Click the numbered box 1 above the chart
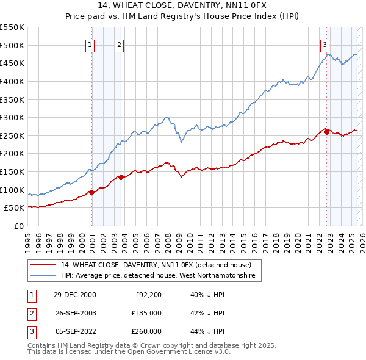click(x=90, y=44)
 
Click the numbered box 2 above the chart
click(x=119, y=44)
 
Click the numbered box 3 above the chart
click(x=325, y=44)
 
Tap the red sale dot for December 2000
click(x=92, y=192)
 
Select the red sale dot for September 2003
click(x=121, y=177)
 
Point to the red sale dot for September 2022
click(x=326, y=132)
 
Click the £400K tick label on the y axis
click(x=12, y=81)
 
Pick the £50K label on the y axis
click(x=15, y=208)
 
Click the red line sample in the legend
click(x=43, y=265)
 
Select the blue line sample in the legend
click(x=43, y=276)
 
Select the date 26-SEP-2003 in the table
click(x=75, y=314)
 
